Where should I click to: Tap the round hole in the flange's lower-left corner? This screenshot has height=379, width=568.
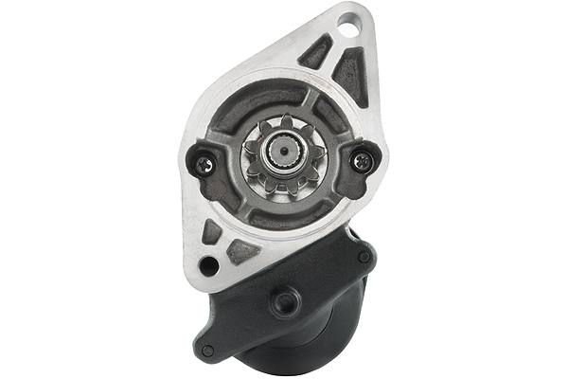coord(208,267)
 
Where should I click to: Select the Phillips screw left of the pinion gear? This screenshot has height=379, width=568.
coord(205,165)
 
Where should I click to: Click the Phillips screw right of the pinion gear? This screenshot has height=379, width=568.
coord(361,161)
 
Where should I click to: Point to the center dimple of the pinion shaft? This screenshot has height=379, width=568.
coord(283,153)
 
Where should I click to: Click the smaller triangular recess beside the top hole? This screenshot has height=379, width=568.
coord(316,51)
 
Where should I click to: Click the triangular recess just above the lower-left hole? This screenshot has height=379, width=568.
coord(212,231)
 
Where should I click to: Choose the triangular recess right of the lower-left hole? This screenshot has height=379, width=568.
coord(241,252)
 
